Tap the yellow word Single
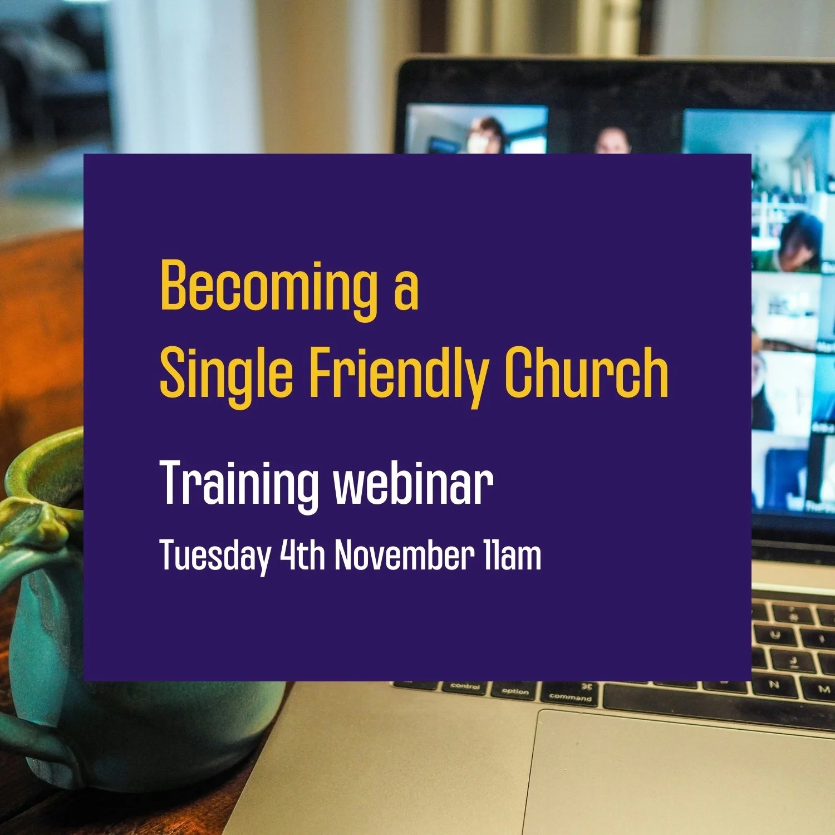click(x=226, y=374)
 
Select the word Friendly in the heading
click(x=399, y=374)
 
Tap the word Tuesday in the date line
click(x=215, y=556)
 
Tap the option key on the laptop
click(x=515, y=691)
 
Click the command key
click(x=570, y=694)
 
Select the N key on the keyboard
click(x=774, y=685)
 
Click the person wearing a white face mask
click(x=479, y=136)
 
